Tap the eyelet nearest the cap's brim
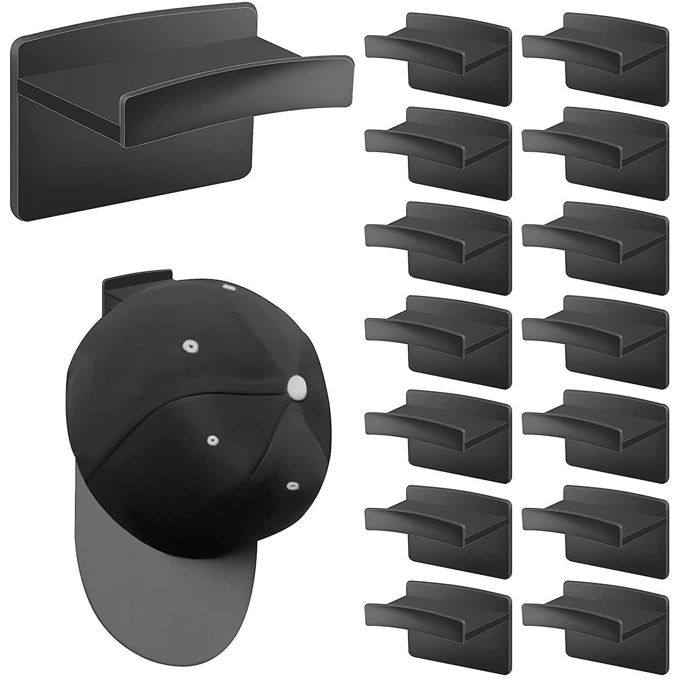[x=291, y=486]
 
